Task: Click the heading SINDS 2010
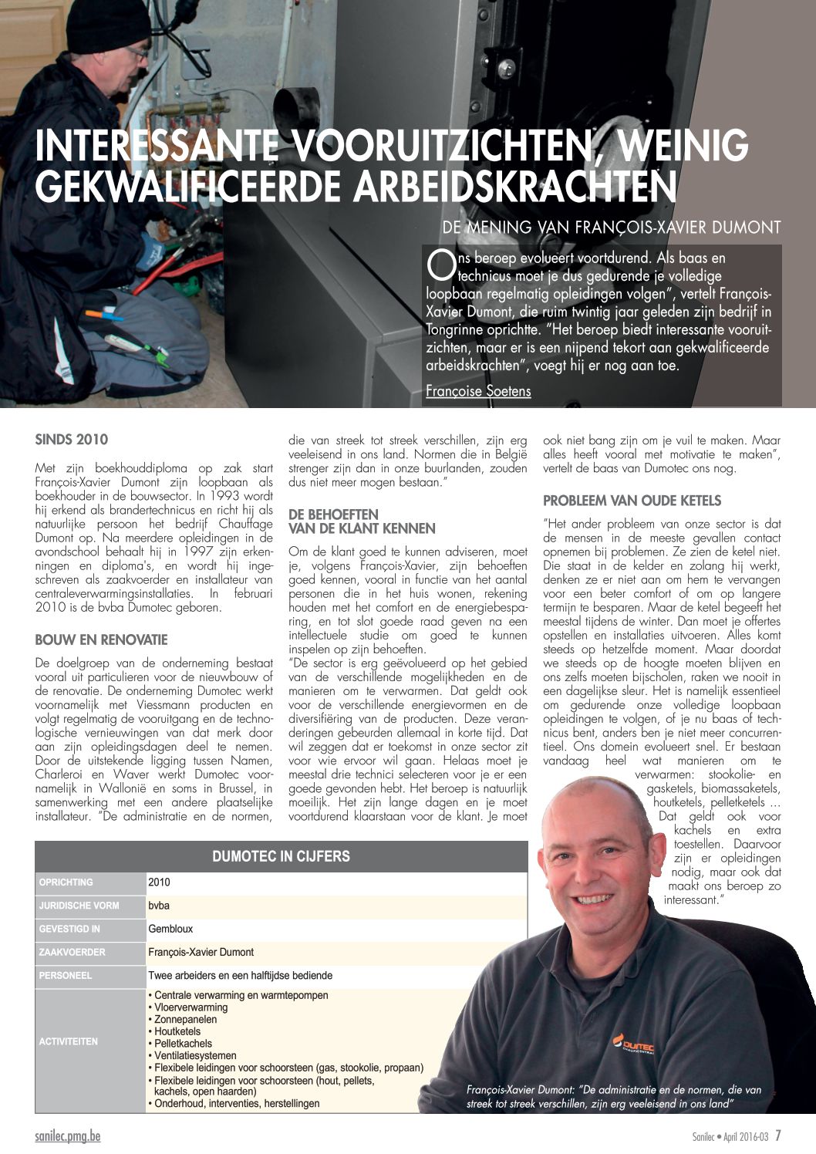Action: pos(72,440)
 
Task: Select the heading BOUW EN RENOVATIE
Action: pos(101,639)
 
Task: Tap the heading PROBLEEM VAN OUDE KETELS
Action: pos(632,501)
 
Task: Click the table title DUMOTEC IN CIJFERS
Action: pos(281,856)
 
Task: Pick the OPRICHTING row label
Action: pos(66,882)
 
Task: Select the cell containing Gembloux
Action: pos(170,929)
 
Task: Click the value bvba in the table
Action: pos(159,906)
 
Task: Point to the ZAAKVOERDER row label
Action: pos(72,952)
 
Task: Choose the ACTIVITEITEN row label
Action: pos(69,1041)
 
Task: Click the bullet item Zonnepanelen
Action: pos(185,1019)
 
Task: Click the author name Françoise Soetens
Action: pos(478,391)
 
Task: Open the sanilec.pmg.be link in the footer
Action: pos(67,1136)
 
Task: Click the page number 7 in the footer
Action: pos(778,1135)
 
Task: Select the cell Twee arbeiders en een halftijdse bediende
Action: pos(240,975)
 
